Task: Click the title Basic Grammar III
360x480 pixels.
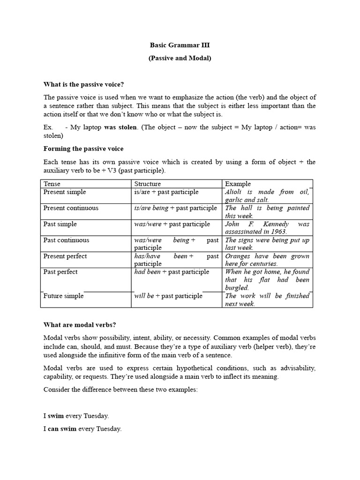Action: [x=180, y=45]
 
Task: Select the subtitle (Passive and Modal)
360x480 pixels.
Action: [x=180, y=59]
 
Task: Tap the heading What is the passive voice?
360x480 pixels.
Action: [x=83, y=84]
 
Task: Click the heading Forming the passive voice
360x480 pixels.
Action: [x=83, y=149]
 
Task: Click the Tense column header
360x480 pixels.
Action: [x=52, y=184]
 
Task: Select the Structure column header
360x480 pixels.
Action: [x=147, y=184]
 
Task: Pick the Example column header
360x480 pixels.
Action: [x=238, y=184]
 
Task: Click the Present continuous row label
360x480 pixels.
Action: [x=71, y=208]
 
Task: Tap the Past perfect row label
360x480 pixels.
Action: [x=60, y=272]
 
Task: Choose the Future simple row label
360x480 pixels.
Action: [x=63, y=296]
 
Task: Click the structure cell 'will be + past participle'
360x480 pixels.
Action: [x=168, y=296]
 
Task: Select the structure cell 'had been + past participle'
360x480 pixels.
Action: [x=172, y=272]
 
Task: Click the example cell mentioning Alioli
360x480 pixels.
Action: [x=267, y=195]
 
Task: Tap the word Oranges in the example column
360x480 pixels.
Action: [x=238, y=256]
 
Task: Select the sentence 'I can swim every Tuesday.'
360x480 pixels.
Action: [x=82, y=428]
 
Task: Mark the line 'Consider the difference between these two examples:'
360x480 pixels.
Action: [x=120, y=390]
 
